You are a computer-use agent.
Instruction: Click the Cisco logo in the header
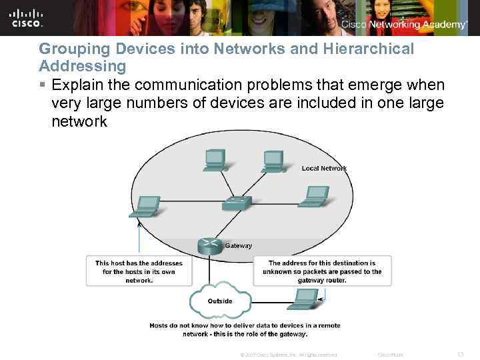(x=27, y=18)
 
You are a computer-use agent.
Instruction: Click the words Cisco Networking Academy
(x=405, y=25)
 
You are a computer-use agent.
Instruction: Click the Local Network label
(x=324, y=168)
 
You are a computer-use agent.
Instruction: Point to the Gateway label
(x=239, y=245)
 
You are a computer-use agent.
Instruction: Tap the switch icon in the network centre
(x=237, y=202)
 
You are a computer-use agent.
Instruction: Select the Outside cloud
(x=220, y=301)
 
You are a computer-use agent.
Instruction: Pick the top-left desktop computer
(x=215, y=160)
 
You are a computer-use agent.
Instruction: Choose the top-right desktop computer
(x=273, y=161)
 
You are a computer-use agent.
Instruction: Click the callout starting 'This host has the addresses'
(x=139, y=271)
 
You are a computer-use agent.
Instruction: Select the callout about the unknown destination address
(x=322, y=271)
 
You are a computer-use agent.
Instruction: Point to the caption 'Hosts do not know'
(x=245, y=329)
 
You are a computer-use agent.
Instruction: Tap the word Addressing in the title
(x=83, y=66)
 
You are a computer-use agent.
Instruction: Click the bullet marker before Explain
(x=43, y=85)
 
